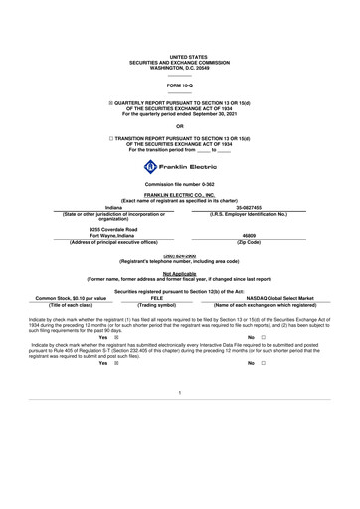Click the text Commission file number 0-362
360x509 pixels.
(179, 186)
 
